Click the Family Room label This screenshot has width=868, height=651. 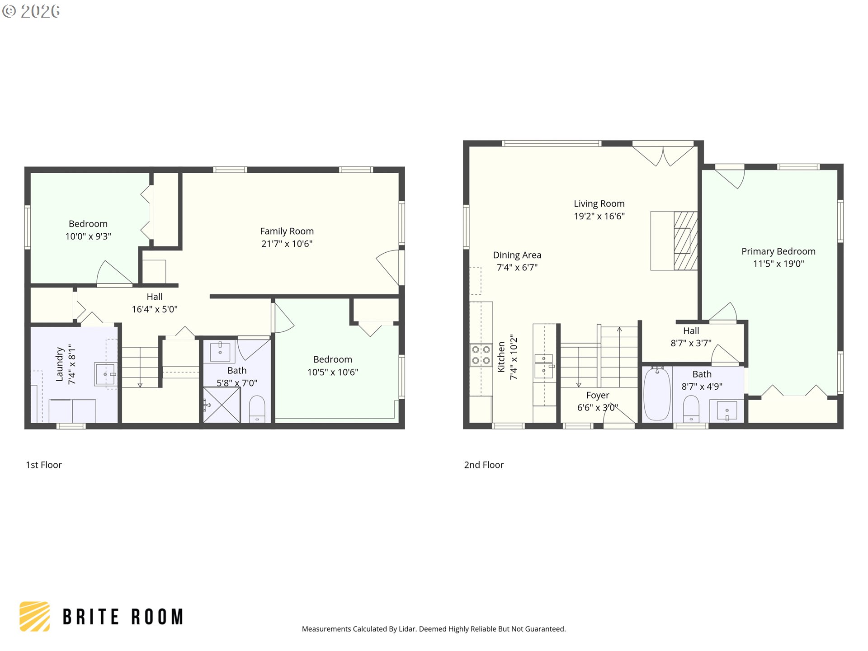(x=287, y=231)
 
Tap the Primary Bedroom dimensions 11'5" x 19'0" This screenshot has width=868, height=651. (x=778, y=264)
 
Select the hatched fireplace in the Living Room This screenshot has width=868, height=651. (x=685, y=241)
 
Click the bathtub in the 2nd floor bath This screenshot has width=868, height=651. (x=657, y=394)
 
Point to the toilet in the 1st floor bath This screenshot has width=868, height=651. (x=257, y=409)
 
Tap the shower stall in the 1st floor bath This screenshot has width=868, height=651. (x=222, y=405)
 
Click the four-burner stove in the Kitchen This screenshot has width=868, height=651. (x=481, y=355)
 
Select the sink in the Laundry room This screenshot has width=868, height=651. (x=105, y=374)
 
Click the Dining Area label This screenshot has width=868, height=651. (x=517, y=255)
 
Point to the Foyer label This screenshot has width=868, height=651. (x=598, y=396)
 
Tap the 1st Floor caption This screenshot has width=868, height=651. (x=44, y=465)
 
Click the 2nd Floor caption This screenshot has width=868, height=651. (x=484, y=465)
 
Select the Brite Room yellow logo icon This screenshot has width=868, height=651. (x=34, y=616)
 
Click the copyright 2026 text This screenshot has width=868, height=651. (x=31, y=11)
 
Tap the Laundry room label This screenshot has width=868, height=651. (x=59, y=364)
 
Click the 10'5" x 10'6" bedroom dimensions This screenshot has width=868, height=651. (x=333, y=372)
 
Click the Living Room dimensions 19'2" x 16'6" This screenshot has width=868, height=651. (x=599, y=216)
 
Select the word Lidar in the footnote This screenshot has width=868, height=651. (x=407, y=629)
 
